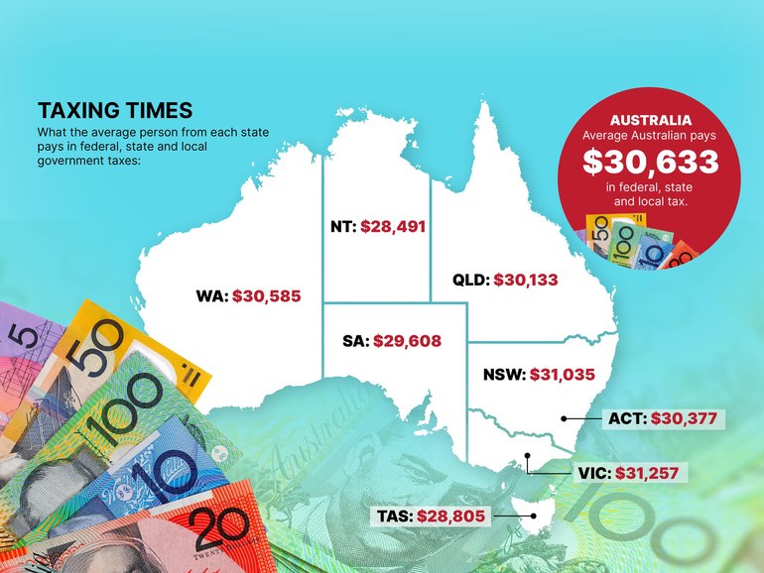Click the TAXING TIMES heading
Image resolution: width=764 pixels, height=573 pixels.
pos(115,109)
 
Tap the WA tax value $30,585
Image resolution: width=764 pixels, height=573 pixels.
pos(266,295)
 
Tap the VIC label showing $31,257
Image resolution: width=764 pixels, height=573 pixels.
pos(647,473)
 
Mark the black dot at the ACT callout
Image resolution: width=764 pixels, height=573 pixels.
pos(564,418)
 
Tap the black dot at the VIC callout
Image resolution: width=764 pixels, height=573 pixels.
pos(528,457)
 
